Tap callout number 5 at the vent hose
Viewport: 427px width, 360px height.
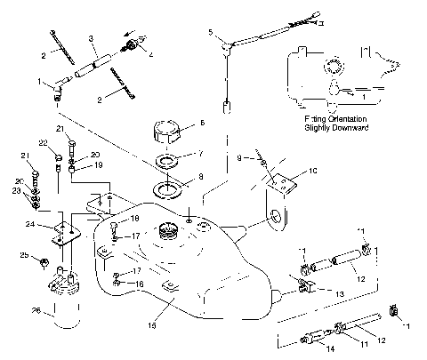tap(211, 32)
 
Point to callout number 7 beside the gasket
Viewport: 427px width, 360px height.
tap(200, 153)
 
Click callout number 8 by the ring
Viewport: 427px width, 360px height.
tap(200, 177)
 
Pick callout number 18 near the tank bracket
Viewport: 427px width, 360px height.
tap(135, 218)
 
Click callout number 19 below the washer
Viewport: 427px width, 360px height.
tap(99, 165)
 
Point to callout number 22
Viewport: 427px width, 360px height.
tap(43, 142)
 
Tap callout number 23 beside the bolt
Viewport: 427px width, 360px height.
tap(17, 190)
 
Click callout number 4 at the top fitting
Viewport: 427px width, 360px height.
tap(148, 54)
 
